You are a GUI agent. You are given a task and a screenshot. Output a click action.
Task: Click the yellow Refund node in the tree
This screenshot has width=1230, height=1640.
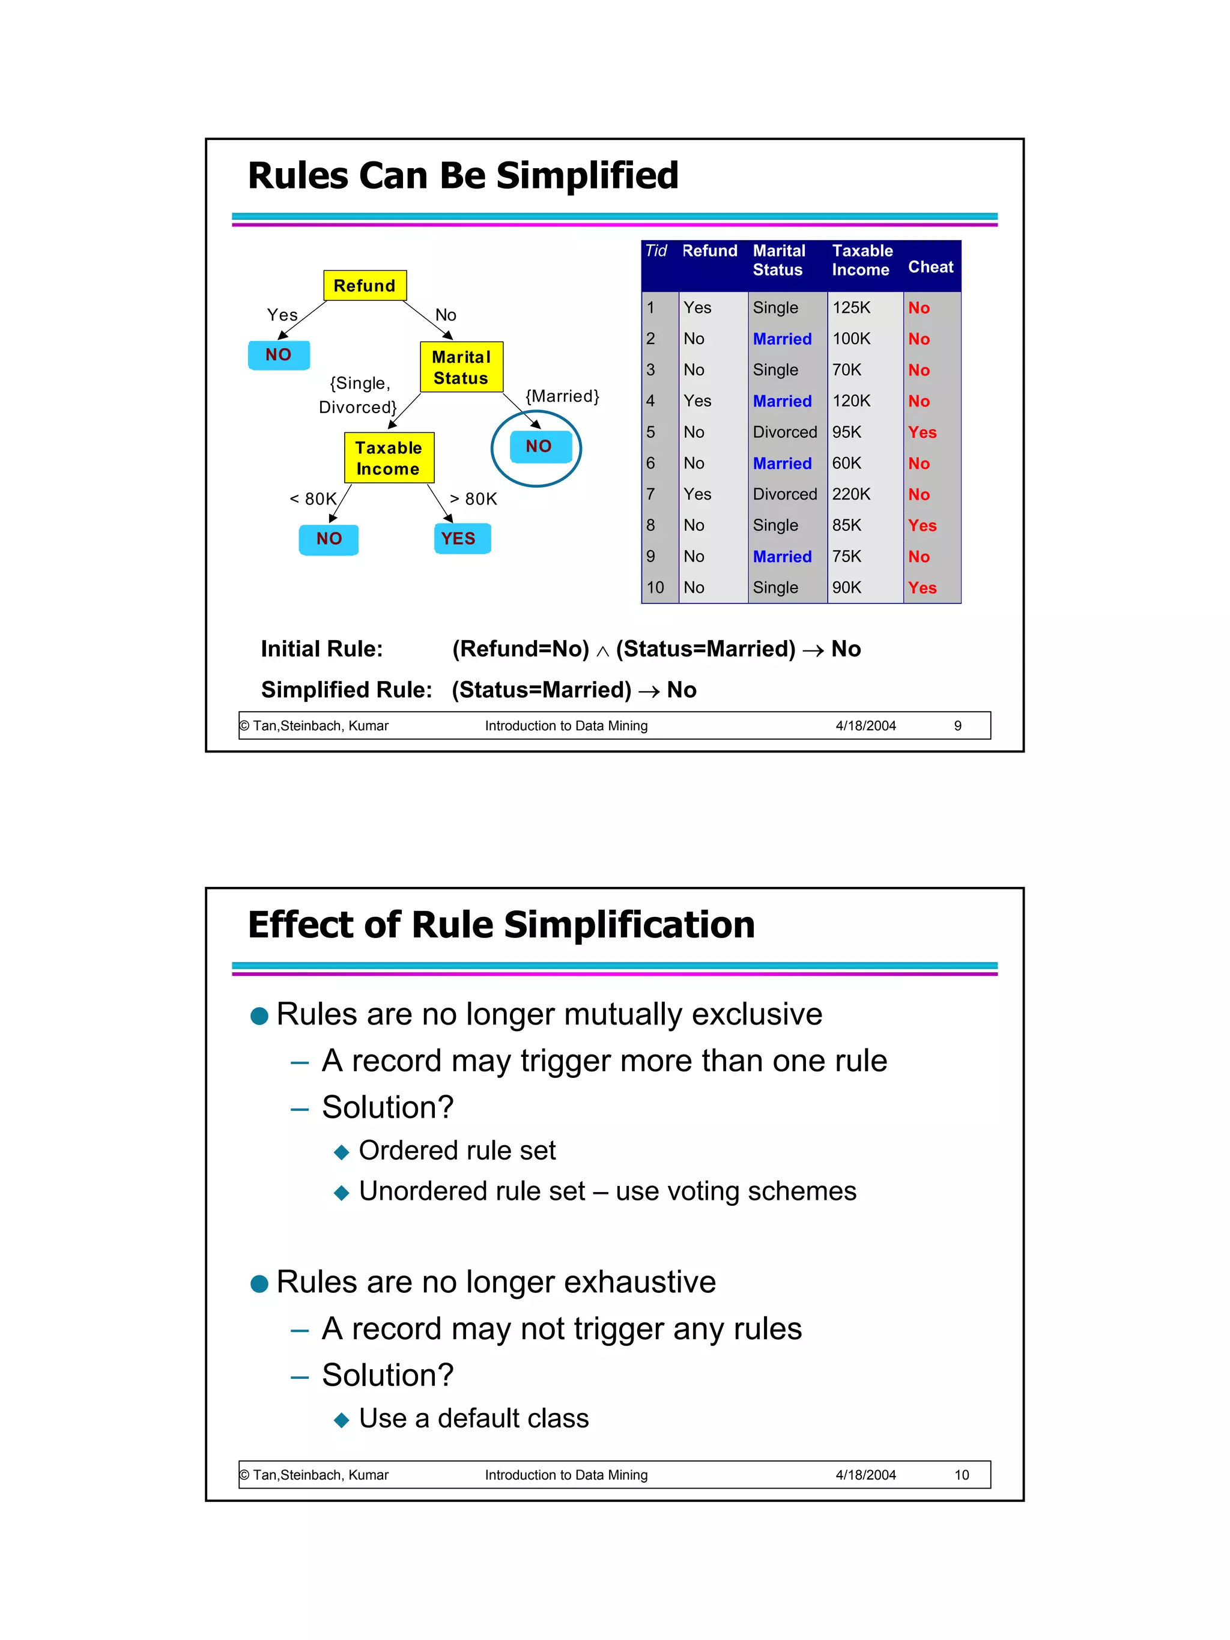click(x=364, y=285)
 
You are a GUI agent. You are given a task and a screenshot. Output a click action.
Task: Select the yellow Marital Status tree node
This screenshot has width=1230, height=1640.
click(x=461, y=367)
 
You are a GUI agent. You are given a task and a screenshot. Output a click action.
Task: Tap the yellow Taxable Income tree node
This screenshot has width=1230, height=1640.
click(x=389, y=458)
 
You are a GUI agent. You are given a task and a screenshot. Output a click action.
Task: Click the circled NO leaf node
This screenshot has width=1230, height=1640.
click(x=538, y=446)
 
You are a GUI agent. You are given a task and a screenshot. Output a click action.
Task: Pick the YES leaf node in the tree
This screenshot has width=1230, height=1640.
click(x=461, y=538)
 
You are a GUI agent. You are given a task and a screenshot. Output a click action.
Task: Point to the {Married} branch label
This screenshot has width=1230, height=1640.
click(x=562, y=396)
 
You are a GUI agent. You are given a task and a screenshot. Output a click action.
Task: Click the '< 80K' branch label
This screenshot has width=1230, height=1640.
click(x=313, y=499)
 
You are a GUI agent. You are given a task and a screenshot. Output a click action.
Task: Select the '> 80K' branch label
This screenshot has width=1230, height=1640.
click(x=473, y=499)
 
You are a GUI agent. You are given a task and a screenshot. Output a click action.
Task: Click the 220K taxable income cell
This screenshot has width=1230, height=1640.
click(x=850, y=494)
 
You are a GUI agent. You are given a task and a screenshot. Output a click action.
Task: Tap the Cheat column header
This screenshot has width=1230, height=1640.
click(x=930, y=267)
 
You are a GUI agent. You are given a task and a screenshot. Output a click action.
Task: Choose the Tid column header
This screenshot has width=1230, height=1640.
click(x=656, y=250)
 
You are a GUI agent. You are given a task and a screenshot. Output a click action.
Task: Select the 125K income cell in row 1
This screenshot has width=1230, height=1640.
click(x=850, y=307)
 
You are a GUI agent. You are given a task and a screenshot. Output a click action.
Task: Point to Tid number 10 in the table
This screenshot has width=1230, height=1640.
click(x=655, y=587)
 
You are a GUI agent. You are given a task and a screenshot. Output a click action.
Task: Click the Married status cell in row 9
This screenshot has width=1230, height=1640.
click(x=781, y=556)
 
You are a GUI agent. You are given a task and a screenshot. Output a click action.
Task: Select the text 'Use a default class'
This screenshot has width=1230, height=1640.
click(x=473, y=1418)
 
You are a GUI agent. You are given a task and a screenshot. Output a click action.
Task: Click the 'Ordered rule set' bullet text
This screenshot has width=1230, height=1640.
click(x=456, y=1150)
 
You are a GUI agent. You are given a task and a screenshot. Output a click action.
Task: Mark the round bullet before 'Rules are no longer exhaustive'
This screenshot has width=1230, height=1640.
click(x=259, y=1283)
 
